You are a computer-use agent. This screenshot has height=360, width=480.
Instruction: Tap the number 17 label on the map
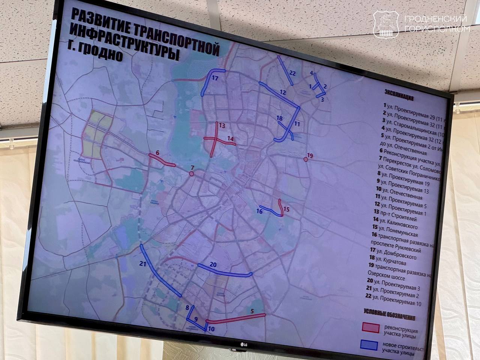coord(214,79)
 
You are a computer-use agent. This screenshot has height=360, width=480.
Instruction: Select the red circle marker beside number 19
coord(306,159)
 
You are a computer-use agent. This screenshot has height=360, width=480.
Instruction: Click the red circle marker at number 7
coord(192,174)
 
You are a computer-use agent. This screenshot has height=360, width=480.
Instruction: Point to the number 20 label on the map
coord(213,265)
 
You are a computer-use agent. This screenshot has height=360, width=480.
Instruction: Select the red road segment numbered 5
coord(236,318)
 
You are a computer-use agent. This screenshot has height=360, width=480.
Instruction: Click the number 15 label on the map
coord(286,209)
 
